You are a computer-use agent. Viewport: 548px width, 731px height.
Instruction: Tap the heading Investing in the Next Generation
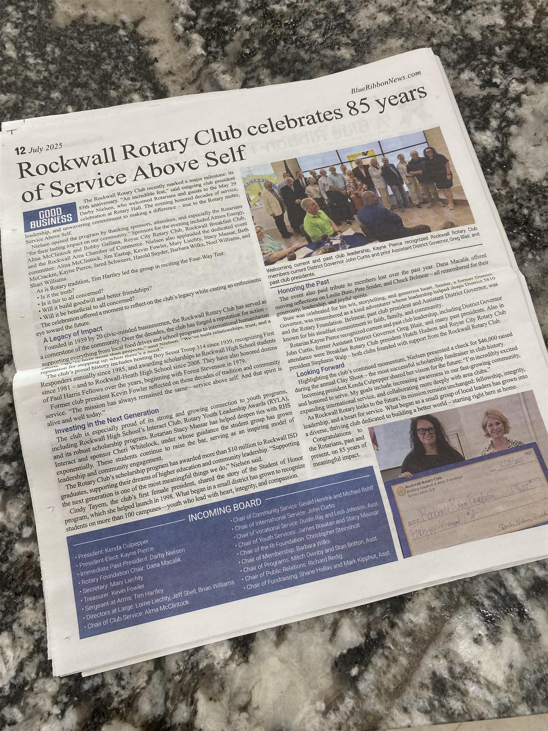[x=107, y=416]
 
